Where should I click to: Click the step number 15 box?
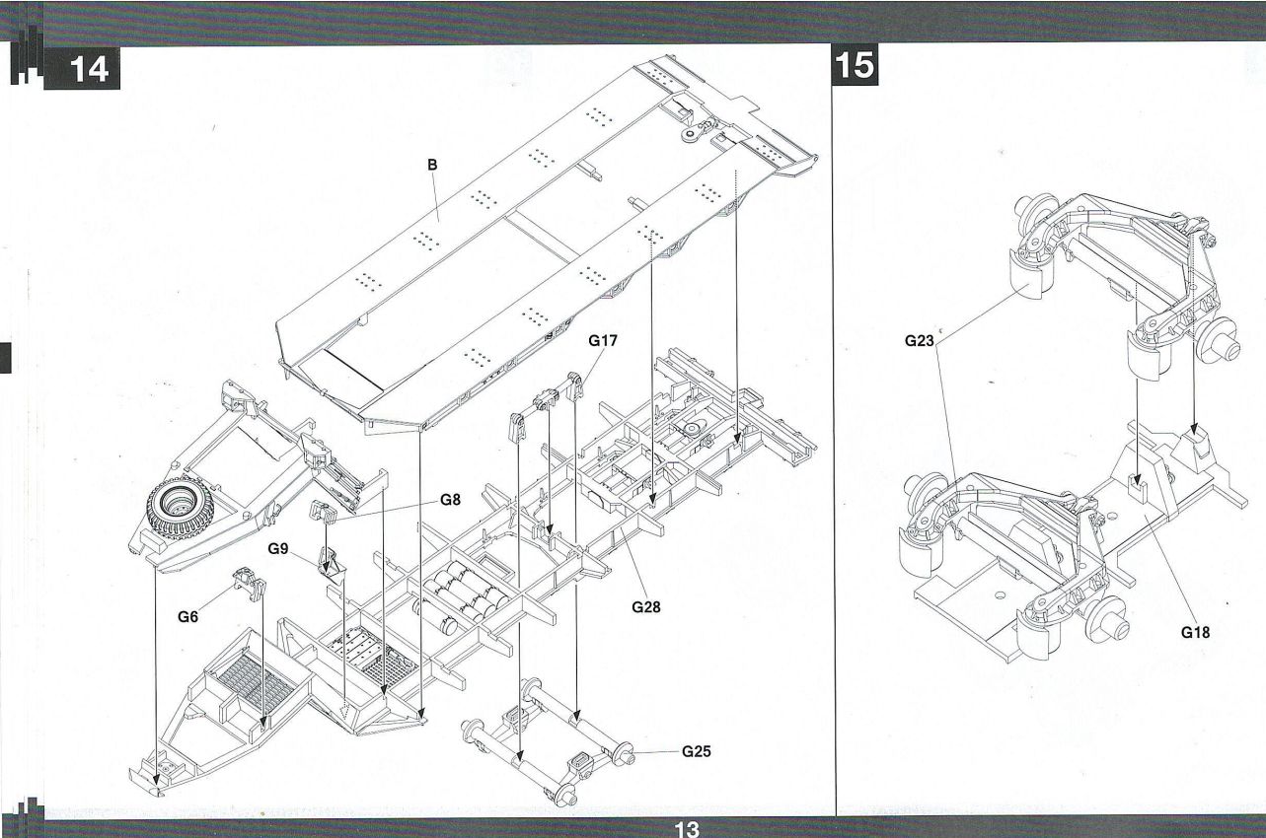856,65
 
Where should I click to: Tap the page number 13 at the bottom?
686,829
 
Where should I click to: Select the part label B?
431,165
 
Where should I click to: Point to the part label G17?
603,341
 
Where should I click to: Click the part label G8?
450,499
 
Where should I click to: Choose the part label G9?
277,547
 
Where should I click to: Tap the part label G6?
188,617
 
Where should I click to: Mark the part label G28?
646,606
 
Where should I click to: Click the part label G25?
696,751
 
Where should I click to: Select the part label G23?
920,341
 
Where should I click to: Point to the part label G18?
1195,633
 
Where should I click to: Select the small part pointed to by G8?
324,512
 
